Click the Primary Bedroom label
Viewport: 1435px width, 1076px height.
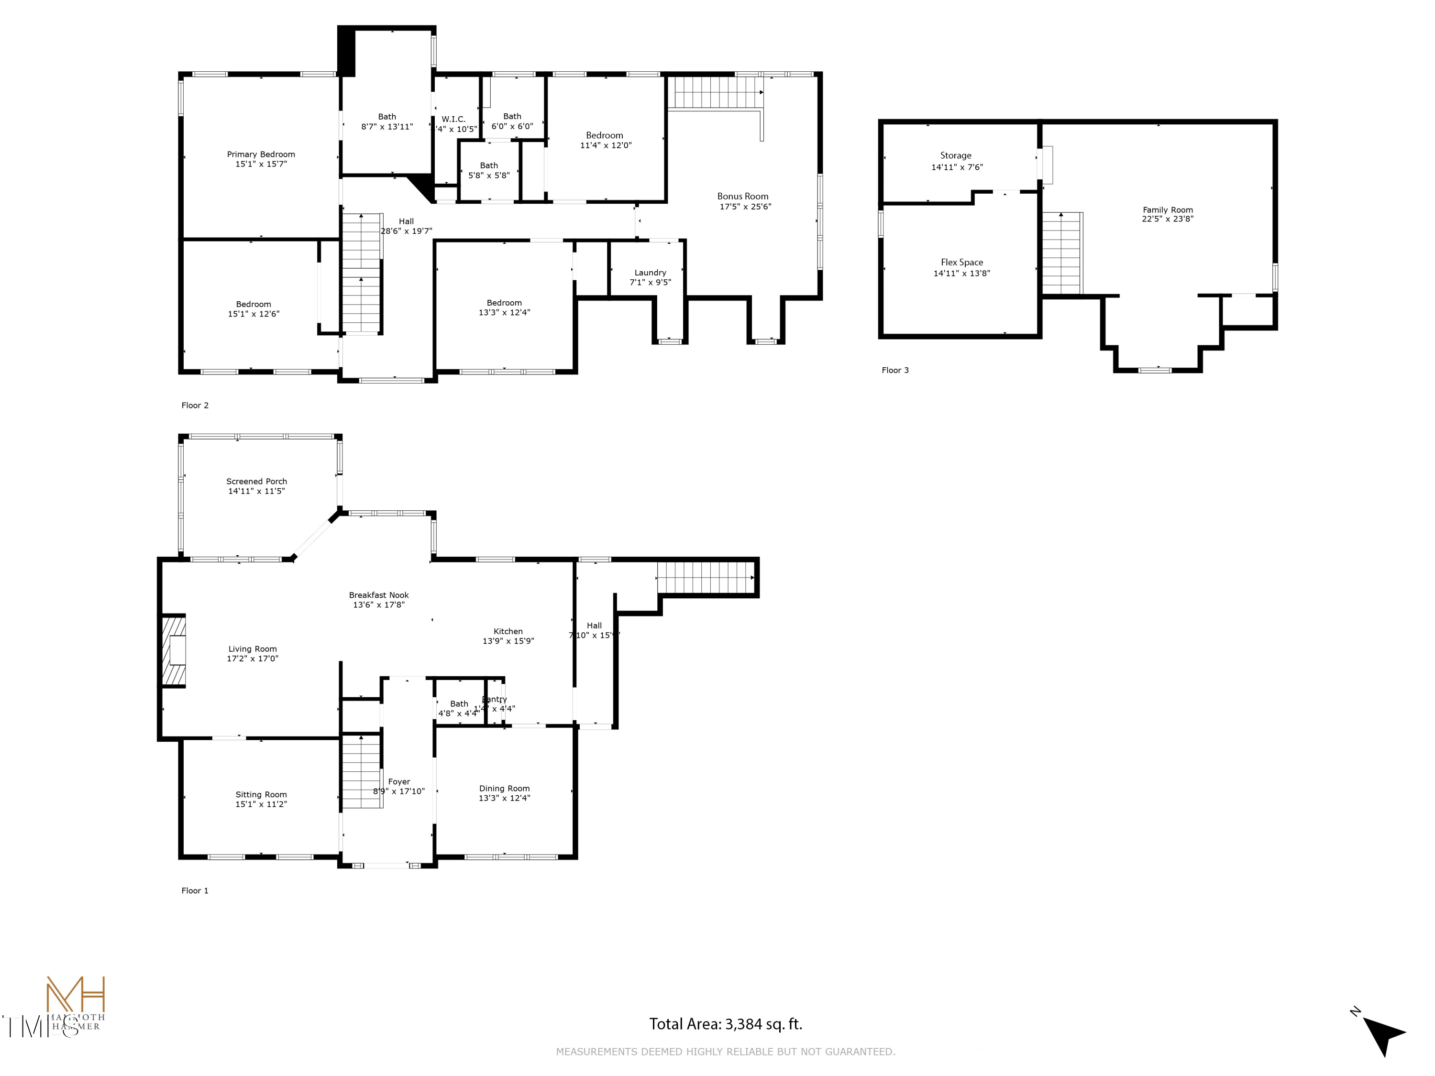(x=261, y=154)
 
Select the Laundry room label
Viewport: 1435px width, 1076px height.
(x=650, y=273)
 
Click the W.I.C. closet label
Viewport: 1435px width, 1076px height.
(x=453, y=120)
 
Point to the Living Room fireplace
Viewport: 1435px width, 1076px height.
(x=174, y=650)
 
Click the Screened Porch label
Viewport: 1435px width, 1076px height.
(x=256, y=481)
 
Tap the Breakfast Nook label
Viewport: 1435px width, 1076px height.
(x=379, y=595)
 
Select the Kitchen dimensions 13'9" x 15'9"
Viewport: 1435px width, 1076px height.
(x=508, y=641)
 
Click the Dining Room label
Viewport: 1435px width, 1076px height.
(x=504, y=789)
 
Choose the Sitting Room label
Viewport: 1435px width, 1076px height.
(x=261, y=794)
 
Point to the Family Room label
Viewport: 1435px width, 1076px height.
(x=1168, y=210)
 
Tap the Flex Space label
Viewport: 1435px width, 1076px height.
(x=961, y=263)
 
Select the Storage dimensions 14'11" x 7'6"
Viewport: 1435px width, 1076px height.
(x=957, y=167)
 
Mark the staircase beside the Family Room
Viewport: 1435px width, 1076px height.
(x=1062, y=253)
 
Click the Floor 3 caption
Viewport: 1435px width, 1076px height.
(x=894, y=370)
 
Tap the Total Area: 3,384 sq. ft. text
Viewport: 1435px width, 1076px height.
(x=725, y=1024)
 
